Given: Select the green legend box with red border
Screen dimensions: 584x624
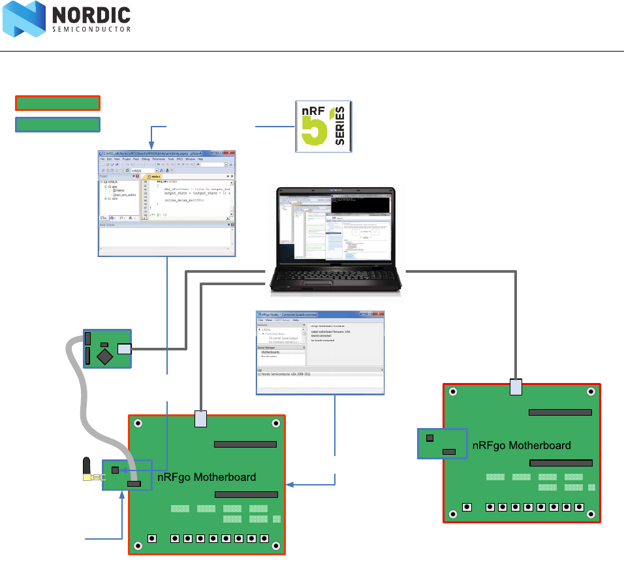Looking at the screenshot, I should click(57, 102).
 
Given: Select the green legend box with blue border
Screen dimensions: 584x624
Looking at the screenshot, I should click(57, 124).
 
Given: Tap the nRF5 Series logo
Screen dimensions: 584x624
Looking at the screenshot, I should click(324, 127).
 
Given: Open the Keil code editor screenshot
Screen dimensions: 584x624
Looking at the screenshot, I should click(167, 203).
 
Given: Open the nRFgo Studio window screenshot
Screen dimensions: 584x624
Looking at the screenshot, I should click(320, 352).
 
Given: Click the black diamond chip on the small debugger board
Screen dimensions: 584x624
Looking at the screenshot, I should click(103, 356).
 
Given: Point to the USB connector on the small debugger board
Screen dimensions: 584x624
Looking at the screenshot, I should click(124, 349).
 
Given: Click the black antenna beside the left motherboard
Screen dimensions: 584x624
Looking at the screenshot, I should click(86, 467).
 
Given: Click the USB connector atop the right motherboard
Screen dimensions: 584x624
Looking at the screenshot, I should click(516, 387).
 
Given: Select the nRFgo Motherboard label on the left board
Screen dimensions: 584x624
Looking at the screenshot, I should click(206, 477).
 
